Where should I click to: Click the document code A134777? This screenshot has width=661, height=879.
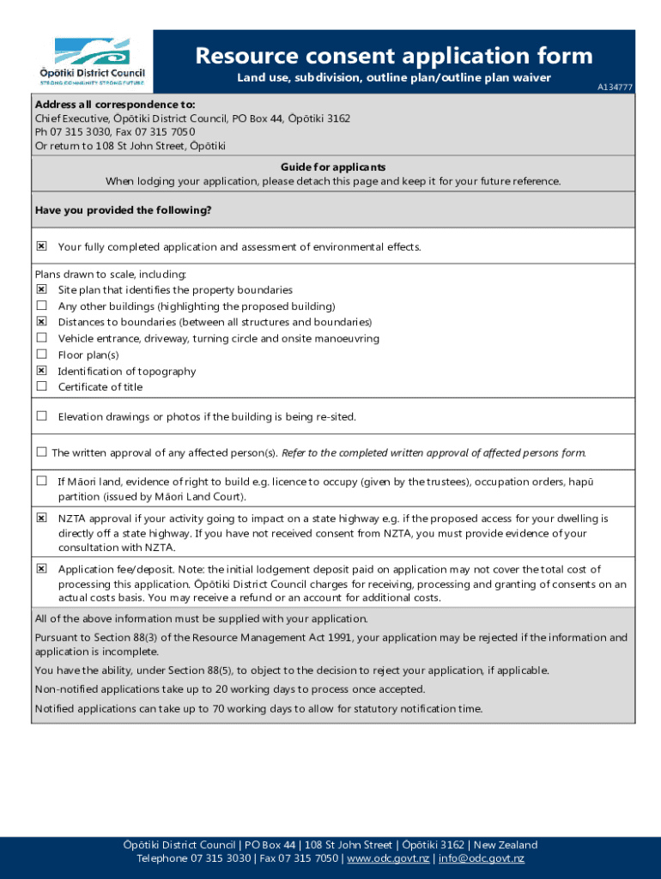click(x=616, y=88)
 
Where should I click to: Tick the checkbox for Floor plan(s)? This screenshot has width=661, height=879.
click(x=41, y=354)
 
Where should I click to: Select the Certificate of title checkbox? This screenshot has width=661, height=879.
click(x=41, y=386)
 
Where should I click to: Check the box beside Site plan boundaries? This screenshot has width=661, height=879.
click(x=41, y=289)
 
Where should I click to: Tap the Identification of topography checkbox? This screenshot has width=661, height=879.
click(x=41, y=370)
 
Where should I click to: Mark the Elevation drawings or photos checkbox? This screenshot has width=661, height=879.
click(x=41, y=416)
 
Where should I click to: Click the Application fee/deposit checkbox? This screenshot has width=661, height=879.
click(x=41, y=568)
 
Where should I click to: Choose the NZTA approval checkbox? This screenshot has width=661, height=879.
click(x=41, y=518)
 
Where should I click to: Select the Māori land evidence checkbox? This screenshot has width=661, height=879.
click(x=41, y=482)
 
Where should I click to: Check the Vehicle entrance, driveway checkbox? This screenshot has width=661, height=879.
click(x=41, y=338)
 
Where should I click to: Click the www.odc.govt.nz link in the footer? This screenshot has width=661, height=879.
click(x=388, y=858)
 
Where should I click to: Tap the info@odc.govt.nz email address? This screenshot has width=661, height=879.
click(x=482, y=858)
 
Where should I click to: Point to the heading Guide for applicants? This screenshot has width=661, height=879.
click(x=333, y=167)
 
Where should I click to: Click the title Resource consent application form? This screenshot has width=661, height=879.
click(x=394, y=56)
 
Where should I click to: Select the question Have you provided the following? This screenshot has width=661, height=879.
click(x=123, y=210)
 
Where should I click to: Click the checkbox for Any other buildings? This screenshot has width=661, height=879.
click(x=41, y=306)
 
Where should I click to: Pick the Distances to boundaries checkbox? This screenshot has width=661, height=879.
click(x=41, y=322)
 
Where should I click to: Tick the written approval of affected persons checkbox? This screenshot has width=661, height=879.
click(x=41, y=452)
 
